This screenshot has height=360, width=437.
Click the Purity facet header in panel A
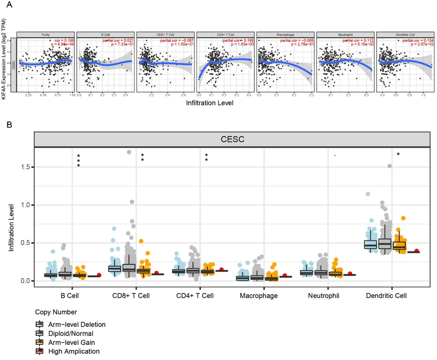click(46, 34)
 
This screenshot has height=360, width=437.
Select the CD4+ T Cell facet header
click(225, 34)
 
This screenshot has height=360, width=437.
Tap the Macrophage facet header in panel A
click(285, 34)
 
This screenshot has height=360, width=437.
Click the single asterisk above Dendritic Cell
click(398, 155)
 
